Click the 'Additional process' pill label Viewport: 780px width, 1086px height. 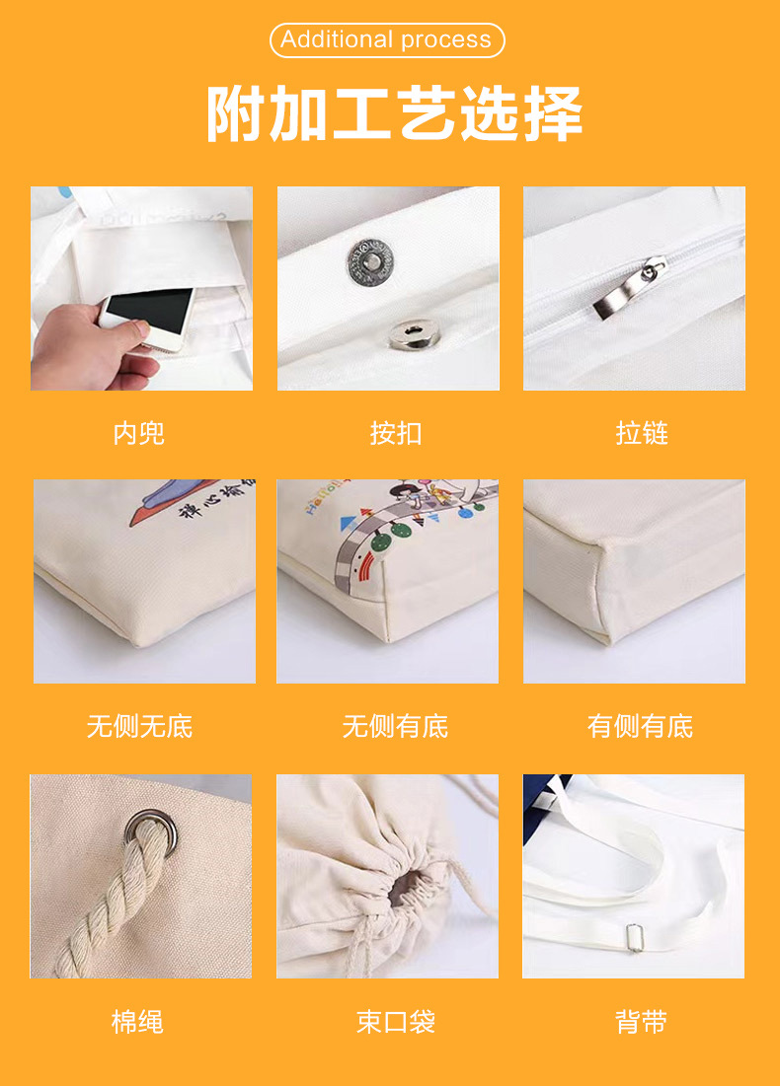tap(386, 40)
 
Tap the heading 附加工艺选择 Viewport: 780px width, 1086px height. tap(394, 114)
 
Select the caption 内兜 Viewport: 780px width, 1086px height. tap(139, 432)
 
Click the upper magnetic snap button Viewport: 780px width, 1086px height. tap(371, 257)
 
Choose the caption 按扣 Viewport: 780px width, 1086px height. tap(395, 432)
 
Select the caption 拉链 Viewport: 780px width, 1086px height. tap(642, 432)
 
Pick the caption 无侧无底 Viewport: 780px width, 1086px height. tap(139, 727)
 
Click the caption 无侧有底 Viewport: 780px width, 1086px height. tap(395, 727)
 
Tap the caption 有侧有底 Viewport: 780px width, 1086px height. tap(641, 727)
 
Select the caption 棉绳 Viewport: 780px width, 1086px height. tap(139, 1022)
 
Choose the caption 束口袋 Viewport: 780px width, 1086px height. tap(395, 1022)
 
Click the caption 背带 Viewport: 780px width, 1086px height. tap(641, 1022)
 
